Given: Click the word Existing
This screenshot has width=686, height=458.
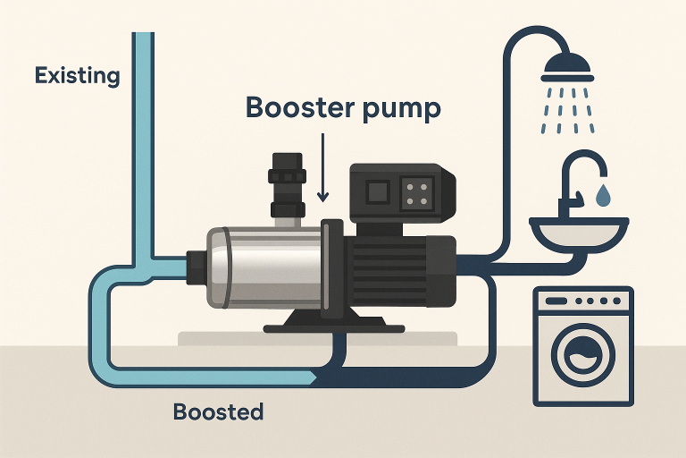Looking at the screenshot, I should coord(77,75).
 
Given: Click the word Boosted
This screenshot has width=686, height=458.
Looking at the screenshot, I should coord(219,412).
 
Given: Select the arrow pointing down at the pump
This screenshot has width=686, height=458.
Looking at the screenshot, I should coord(323,170).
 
